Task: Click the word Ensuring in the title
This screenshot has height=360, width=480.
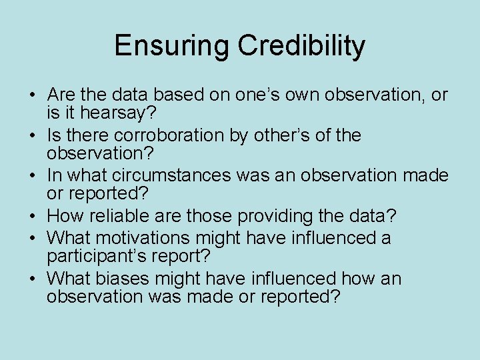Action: pyautogui.click(x=172, y=46)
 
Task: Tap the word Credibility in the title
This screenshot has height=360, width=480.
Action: pyautogui.click(x=301, y=46)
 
